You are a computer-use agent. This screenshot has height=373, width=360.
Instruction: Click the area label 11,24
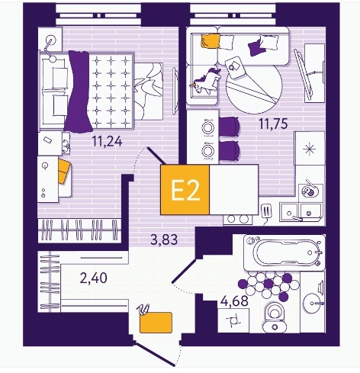(107, 141)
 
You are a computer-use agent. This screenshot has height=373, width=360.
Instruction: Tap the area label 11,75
(273, 124)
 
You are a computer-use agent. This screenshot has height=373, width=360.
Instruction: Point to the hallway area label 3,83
(164, 240)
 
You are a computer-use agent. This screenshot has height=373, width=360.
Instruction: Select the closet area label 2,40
(93, 278)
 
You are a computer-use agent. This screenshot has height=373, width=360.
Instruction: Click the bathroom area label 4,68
(234, 301)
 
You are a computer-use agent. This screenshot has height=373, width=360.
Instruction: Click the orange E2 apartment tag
(185, 190)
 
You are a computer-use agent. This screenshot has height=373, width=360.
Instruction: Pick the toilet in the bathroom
(275, 317)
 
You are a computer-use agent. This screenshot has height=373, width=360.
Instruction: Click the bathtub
(284, 252)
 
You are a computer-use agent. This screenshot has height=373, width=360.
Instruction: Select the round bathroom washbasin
(313, 304)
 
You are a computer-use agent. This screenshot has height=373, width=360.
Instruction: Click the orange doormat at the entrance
(156, 323)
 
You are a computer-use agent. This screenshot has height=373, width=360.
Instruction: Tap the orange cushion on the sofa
(210, 40)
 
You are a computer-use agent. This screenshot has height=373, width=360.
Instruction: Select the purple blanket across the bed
(79, 92)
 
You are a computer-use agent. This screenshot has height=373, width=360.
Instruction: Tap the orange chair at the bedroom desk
(64, 171)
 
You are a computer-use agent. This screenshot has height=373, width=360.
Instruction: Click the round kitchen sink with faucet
(308, 191)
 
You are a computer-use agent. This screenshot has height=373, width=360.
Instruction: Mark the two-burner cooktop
(237, 219)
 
